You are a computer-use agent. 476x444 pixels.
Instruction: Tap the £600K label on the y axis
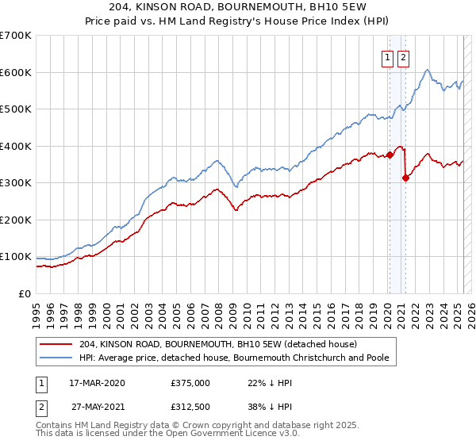[x=15, y=72]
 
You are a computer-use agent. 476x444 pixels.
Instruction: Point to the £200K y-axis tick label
[x=15, y=220]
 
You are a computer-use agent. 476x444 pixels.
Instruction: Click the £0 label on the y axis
[x=24, y=293]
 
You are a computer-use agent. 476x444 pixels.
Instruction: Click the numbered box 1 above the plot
[x=388, y=56]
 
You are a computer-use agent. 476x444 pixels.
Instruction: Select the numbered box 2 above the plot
[x=404, y=56]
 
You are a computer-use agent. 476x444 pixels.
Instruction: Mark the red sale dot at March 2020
[x=390, y=155]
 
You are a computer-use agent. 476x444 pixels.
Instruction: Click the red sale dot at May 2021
[x=406, y=178]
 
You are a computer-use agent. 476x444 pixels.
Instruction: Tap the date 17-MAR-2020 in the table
[x=98, y=383]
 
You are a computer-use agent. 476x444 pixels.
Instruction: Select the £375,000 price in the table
[x=190, y=383]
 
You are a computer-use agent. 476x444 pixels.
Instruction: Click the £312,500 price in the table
[x=190, y=407]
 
